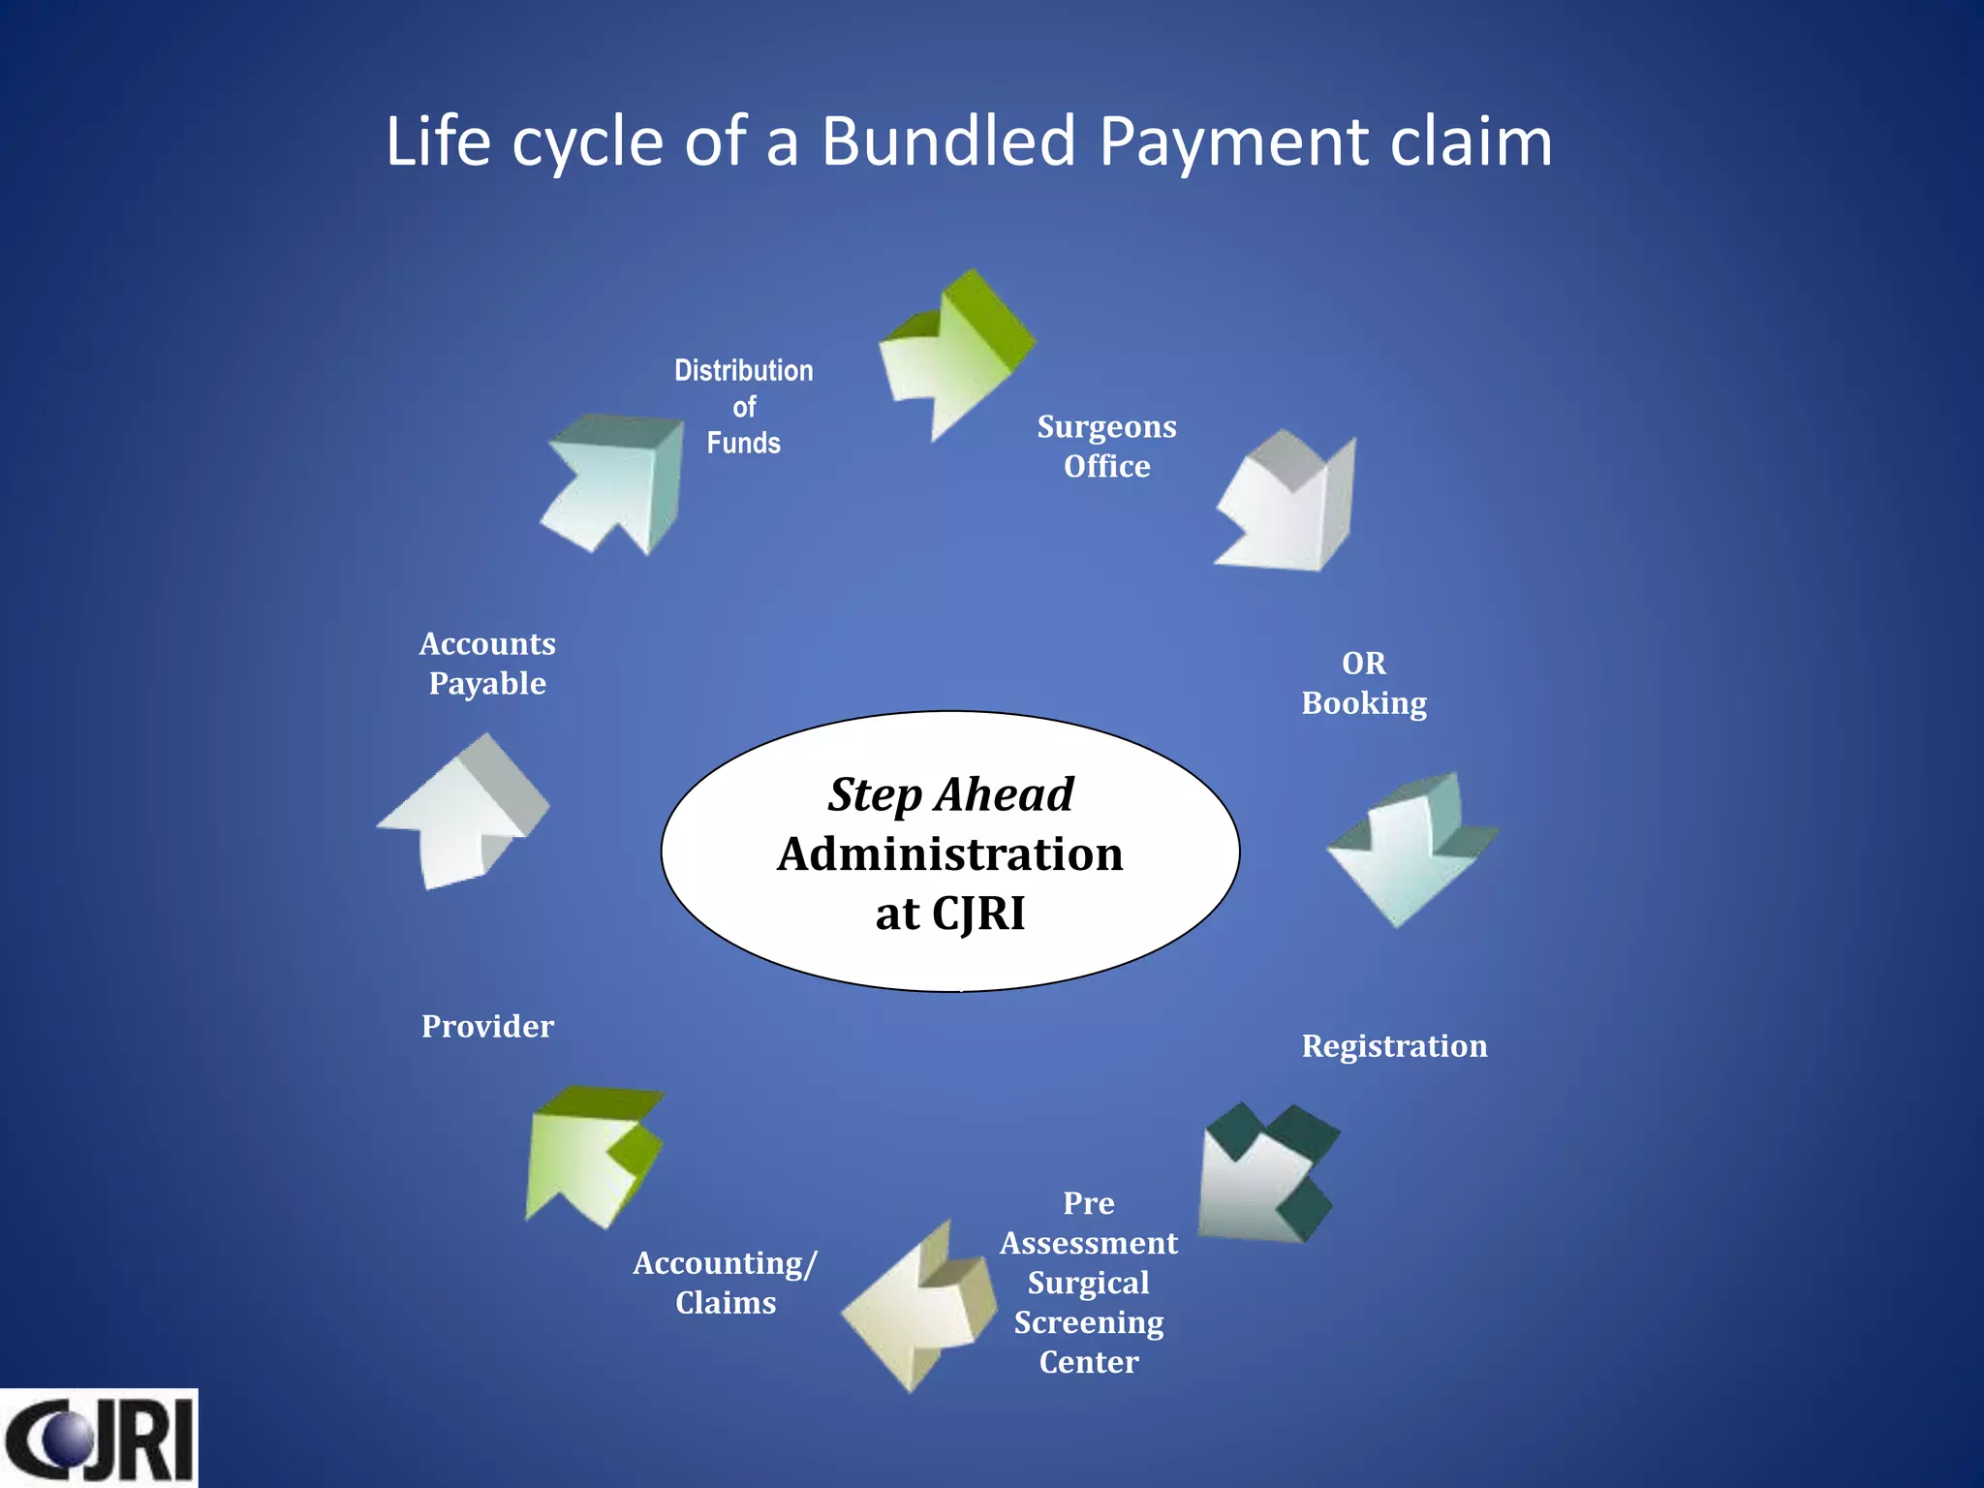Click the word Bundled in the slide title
948,141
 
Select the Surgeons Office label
1106,447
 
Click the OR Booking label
1364,683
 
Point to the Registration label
1394,1046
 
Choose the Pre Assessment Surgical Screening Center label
1089,1283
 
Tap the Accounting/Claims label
726,1283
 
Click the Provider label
487,1027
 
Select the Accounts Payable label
487,664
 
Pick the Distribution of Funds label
744,407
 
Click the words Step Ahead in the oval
950,795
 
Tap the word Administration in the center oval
950,854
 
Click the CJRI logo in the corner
99,1438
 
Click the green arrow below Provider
591,1155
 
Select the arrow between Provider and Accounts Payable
465,814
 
